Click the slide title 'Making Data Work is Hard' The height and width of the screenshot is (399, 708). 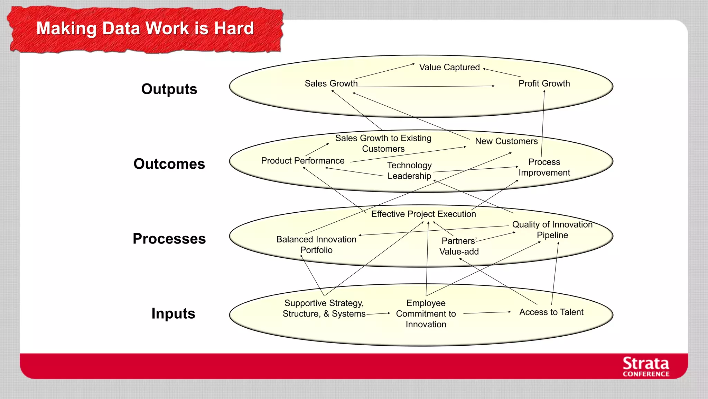click(x=145, y=28)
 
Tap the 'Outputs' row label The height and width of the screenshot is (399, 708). click(x=169, y=89)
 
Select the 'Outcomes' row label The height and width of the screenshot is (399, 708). click(x=169, y=164)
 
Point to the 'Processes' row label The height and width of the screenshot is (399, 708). click(x=169, y=239)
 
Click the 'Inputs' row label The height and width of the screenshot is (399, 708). click(x=173, y=313)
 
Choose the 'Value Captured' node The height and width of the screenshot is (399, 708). click(x=449, y=67)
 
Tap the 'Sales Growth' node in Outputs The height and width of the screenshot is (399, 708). click(x=331, y=83)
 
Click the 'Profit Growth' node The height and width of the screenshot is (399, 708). click(x=544, y=83)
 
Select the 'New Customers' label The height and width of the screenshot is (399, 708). click(x=506, y=141)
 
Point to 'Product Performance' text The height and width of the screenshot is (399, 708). click(x=302, y=161)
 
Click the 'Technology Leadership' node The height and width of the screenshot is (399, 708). click(x=409, y=170)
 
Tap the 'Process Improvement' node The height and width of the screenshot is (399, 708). click(x=544, y=167)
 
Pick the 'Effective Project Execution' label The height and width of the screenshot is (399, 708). click(x=423, y=214)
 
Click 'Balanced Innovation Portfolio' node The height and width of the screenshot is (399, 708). click(x=316, y=245)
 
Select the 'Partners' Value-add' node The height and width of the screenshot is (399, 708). click(x=459, y=246)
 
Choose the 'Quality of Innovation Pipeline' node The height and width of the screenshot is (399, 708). click(x=552, y=230)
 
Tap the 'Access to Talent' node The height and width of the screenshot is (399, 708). click(x=551, y=312)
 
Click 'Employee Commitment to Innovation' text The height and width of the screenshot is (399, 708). click(x=426, y=313)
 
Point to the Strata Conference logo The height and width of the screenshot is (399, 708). click(x=645, y=367)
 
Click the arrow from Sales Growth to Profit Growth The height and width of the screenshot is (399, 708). click(x=425, y=87)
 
